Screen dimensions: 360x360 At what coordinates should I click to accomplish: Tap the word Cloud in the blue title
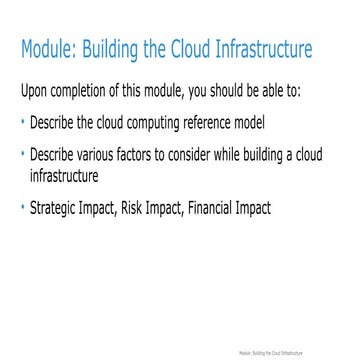(181, 49)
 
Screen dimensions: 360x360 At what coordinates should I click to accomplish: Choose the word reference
(223, 126)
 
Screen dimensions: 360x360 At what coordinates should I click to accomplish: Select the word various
(102, 158)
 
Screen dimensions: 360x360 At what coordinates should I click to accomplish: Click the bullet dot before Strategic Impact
(23, 208)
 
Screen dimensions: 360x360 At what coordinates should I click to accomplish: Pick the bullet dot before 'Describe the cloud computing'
(23, 124)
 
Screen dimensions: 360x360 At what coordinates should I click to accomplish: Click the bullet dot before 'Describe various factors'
(23, 156)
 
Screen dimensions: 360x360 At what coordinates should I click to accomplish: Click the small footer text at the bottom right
(298, 353)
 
